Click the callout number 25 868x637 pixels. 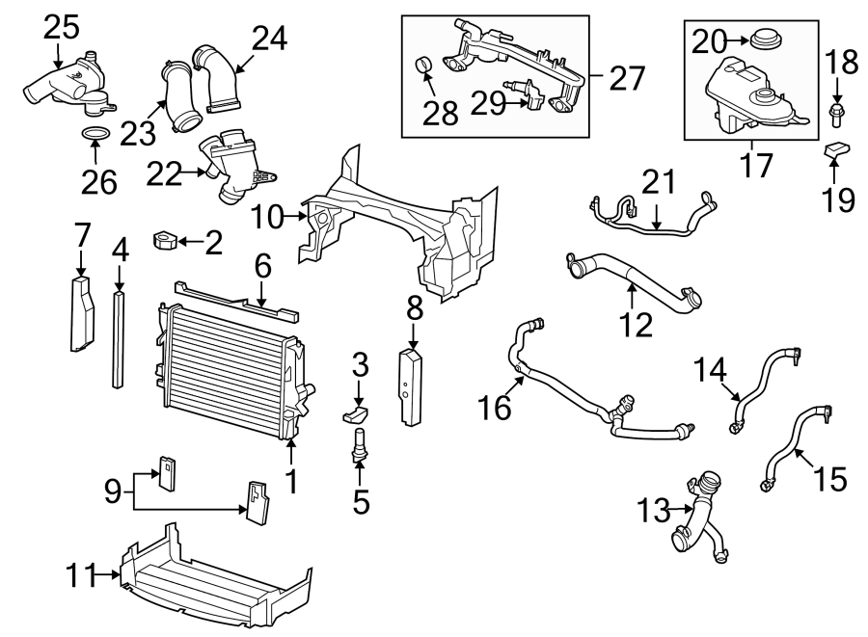pyautogui.click(x=61, y=27)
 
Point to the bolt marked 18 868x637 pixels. pyautogui.click(x=836, y=116)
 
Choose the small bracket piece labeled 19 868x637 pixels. pyautogui.click(x=836, y=150)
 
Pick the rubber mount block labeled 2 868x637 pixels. pyautogui.click(x=168, y=239)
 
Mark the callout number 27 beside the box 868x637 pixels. pyautogui.click(x=628, y=76)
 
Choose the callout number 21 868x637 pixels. pyautogui.click(x=660, y=181)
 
